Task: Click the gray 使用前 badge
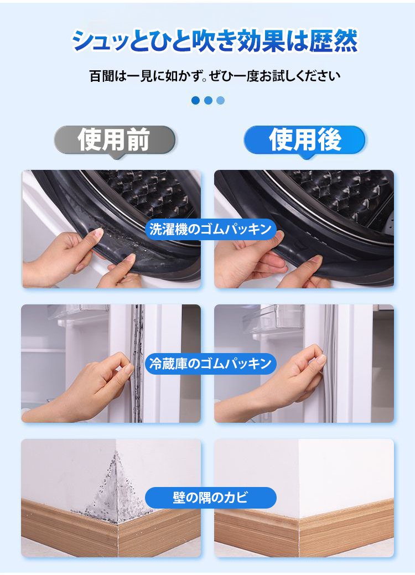tap(115, 140)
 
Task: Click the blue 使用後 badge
tap(305, 140)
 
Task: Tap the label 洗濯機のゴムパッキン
tap(210, 229)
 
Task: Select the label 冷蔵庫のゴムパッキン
tap(210, 364)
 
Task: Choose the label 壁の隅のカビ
tap(210, 498)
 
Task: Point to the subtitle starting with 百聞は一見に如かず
tap(215, 76)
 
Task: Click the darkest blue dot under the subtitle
tap(196, 101)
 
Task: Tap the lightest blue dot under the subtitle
tap(220, 101)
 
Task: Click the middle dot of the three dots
tap(208, 101)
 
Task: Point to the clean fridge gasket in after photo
tap(330, 363)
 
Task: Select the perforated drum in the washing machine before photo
tap(147, 194)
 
